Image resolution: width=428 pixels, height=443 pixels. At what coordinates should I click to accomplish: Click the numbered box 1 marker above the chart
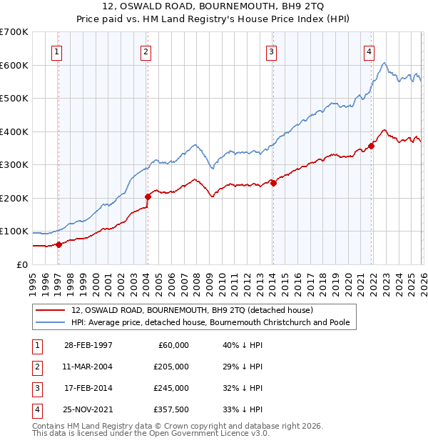coord(56,51)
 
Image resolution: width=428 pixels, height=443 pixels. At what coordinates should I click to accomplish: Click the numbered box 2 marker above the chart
coord(145,51)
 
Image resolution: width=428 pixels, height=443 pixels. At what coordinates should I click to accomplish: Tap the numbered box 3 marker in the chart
coord(272,51)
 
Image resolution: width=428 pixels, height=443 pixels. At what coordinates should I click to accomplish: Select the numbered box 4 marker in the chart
coord(369,51)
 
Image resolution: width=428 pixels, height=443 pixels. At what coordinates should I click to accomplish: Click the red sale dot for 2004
coord(148,196)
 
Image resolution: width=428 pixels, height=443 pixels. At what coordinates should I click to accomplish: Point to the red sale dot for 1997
coord(59,244)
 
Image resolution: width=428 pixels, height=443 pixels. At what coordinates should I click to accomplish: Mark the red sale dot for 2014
coord(273,183)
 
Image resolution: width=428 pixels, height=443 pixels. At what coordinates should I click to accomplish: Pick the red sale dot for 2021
coord(372,146)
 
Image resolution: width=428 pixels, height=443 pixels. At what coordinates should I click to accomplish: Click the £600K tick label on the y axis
coord(14,65)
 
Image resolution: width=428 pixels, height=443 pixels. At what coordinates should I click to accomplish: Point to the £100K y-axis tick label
coord(14,232)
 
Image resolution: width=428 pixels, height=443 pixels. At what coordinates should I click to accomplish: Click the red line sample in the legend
coord(50,310)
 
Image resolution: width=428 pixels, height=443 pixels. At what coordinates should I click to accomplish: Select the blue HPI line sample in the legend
coord(50,322)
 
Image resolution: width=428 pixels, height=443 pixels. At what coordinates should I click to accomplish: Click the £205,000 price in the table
coord(171,367)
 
